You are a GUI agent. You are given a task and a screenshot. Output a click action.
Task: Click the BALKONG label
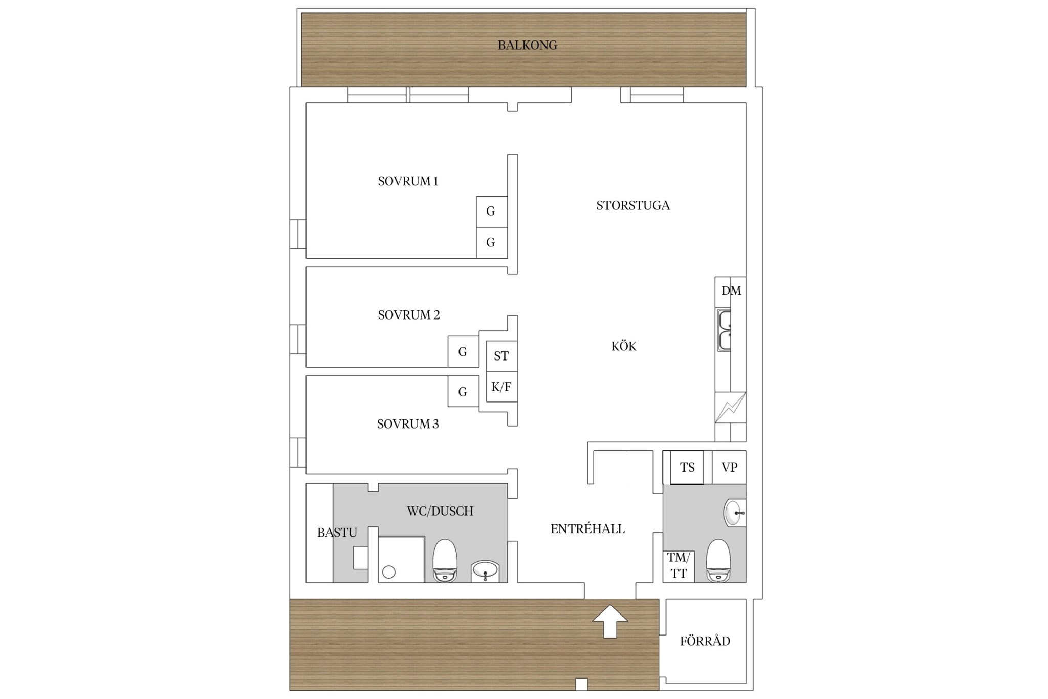click(x=528, y=45)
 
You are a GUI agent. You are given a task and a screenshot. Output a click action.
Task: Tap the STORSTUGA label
click(x=633, y=205)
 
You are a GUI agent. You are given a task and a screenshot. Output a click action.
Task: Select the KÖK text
click(x=624, y=346)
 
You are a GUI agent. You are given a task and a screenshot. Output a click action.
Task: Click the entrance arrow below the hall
click(x=610, y=621)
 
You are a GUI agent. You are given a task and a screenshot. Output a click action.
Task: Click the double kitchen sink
click(x=724, y=330)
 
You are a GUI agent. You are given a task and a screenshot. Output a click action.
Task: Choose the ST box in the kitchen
click(x=501, y=356)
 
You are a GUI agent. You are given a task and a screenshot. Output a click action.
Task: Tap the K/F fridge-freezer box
click(x=501, y=387)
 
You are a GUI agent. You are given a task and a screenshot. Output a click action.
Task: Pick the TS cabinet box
click(x=687, y=467)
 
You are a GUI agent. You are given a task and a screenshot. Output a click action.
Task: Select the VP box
click(x=729, y=467)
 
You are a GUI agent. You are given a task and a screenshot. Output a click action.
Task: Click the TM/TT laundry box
click(x=679, y=566)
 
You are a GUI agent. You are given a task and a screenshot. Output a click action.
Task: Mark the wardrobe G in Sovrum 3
click(x=463, y=392)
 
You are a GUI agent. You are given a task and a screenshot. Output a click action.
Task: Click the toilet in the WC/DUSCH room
click(x=445, y=561)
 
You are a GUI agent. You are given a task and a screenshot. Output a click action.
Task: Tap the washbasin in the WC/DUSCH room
click(x=485, y=571)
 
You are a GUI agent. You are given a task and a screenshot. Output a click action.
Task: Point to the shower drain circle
click(x=389, y=572)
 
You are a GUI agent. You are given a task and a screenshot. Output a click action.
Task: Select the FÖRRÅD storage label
click(x=705, y=641)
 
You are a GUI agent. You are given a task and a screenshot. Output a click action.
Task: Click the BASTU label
click(x=337, y=533)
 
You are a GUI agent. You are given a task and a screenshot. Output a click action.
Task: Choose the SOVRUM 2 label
click(x=409, y=315)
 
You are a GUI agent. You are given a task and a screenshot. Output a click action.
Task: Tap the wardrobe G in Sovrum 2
click(x=463, y=352)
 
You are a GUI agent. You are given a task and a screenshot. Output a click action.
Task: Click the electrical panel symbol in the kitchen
click(x=730, y=408)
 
